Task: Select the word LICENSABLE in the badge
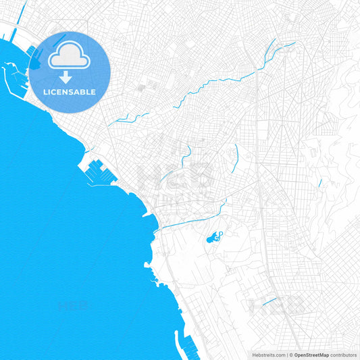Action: point(70,92)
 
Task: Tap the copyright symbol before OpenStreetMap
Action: point(290,355)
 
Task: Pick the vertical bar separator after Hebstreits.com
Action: point(286,355)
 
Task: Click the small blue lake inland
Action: point(213,237)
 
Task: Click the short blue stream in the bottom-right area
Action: point(269,301)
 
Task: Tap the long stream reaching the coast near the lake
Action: point(192,218)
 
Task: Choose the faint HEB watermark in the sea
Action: point(74,305)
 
